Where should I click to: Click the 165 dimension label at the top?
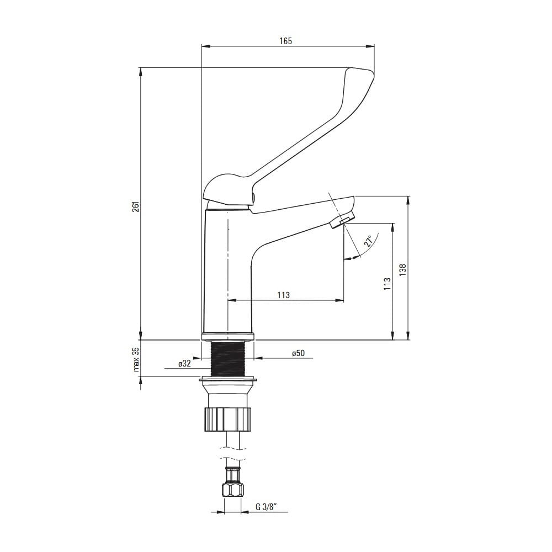click(286, 41)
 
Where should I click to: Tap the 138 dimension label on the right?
click(403, 270)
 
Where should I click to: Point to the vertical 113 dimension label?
click(388, 283)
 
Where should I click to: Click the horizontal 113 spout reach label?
click(283, 295)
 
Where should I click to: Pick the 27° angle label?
click(369, 242)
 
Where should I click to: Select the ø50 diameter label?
click(298, 353)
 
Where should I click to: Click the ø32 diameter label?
click(184, 364)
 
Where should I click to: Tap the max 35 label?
click(136, 359)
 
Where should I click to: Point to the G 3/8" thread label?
click(267, 507)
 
